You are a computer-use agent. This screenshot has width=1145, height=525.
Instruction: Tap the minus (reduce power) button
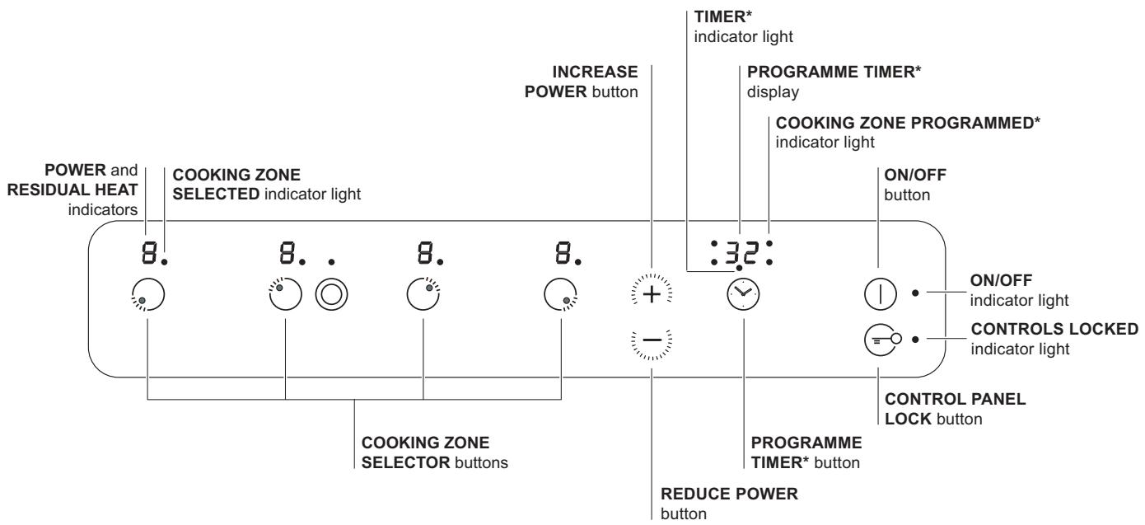coord(651,340)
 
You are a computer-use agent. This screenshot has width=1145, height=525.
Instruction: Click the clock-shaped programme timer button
coord(741,293)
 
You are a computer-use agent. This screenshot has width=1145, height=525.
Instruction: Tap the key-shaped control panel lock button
coord(878,339)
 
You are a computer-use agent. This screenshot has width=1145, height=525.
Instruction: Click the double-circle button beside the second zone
coord(330,293)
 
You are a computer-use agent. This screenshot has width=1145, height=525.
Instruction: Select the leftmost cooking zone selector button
coord(147,293)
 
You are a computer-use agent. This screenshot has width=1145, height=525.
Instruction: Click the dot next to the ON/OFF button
coord(915,293)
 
